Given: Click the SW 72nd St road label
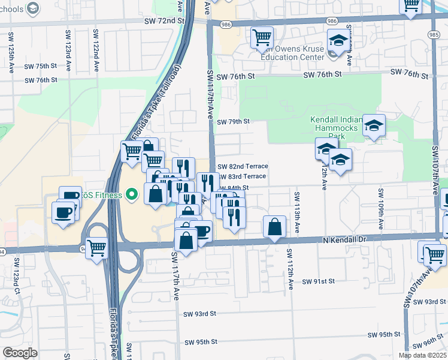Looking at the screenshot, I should tap(164, 20).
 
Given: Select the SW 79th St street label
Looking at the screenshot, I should tap(232, 121).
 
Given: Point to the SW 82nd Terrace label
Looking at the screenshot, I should tap(242, 166).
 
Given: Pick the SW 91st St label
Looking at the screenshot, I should tap(317, 281).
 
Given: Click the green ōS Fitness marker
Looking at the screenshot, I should tap(132, 194).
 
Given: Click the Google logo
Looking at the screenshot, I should tap(20, 353).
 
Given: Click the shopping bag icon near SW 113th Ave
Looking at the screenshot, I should tap(274, 227).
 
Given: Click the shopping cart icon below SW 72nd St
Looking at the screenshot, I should tap(262, 37).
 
